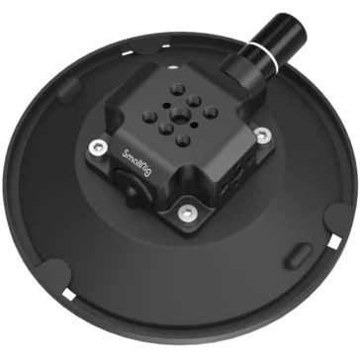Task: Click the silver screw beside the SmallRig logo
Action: [95, 148]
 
